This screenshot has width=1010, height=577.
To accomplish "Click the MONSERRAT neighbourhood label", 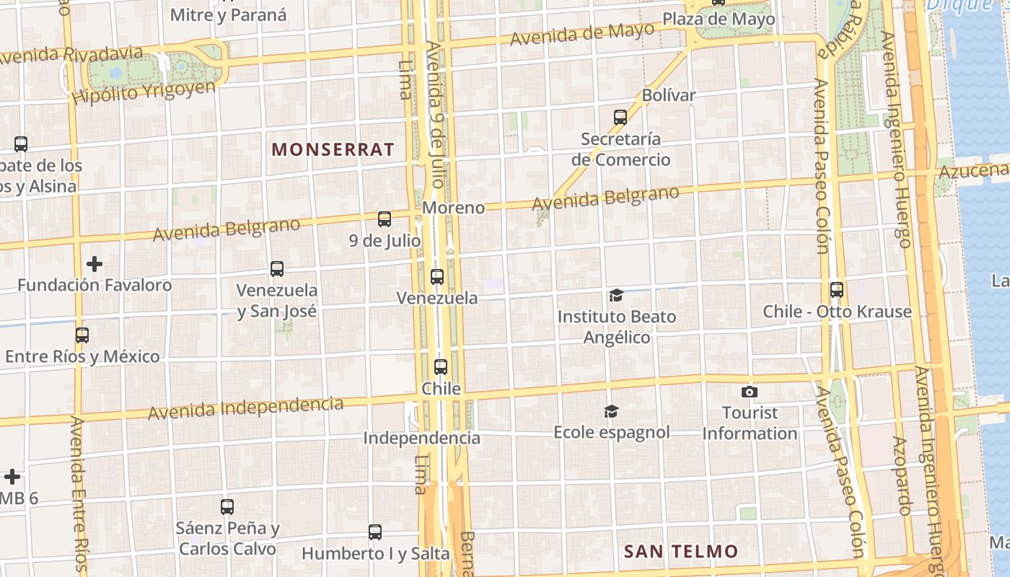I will [333, 149].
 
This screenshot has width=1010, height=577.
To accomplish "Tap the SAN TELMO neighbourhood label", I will [681, 552].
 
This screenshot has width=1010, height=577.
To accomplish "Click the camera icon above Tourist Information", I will [750, 392].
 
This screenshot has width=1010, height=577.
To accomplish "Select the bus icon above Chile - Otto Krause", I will [837, 290].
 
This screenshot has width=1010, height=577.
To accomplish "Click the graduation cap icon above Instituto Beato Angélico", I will [616, 295].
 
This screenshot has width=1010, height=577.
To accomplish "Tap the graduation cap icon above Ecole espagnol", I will [611, 411].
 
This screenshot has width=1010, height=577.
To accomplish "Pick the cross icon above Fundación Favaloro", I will [94, 264].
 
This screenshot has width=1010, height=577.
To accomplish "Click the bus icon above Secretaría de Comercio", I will [620, 117].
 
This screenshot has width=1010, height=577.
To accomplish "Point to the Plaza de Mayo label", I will [719, 19].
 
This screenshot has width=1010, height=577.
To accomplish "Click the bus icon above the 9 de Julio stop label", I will [385, 219].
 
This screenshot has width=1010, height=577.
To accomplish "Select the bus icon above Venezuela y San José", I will [277, 269].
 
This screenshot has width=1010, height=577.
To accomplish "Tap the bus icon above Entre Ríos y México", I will [82, 335].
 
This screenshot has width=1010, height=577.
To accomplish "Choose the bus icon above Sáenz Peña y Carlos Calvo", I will [227, 506].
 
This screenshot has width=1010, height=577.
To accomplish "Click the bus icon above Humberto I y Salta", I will [375, 532].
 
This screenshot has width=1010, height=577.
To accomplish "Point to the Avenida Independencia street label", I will [245, 408].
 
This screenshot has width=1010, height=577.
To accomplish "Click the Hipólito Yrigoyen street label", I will [144, 92].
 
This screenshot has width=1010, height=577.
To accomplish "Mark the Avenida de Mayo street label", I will [582, 33].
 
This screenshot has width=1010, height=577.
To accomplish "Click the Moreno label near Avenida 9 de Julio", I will [453, 208].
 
